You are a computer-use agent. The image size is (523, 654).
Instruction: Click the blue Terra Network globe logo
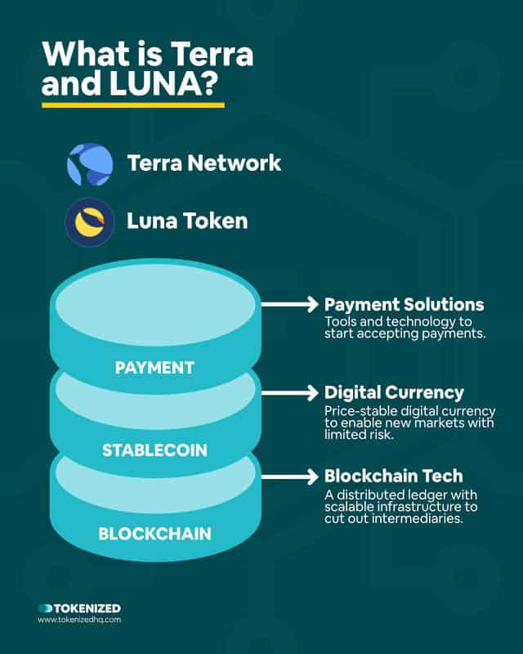(90, 164)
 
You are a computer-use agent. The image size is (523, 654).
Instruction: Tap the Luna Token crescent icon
(90, 222)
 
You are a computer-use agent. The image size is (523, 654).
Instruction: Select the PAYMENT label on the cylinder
(154, 367)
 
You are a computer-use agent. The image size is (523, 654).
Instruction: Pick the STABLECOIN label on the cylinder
(154, 450)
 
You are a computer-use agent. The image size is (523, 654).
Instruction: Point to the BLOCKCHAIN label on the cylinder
(154, 534)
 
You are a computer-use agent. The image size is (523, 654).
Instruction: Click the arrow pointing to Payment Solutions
(290, 304)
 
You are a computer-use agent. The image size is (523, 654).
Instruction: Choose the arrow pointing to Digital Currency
(290, 393)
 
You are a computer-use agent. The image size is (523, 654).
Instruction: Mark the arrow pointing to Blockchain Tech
(290, 477)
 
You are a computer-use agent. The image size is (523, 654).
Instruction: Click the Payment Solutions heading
(405, 304)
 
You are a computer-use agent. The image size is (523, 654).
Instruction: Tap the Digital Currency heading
(394, 393)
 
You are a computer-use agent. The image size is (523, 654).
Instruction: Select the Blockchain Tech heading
(394, 476)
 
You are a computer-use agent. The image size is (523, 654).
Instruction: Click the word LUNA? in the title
(164, 83)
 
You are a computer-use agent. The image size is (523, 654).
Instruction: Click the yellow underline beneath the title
(133, 105)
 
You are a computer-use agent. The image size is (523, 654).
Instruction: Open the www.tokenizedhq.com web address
(79, 620)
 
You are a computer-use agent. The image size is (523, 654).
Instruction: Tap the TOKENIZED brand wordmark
(79, 608)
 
